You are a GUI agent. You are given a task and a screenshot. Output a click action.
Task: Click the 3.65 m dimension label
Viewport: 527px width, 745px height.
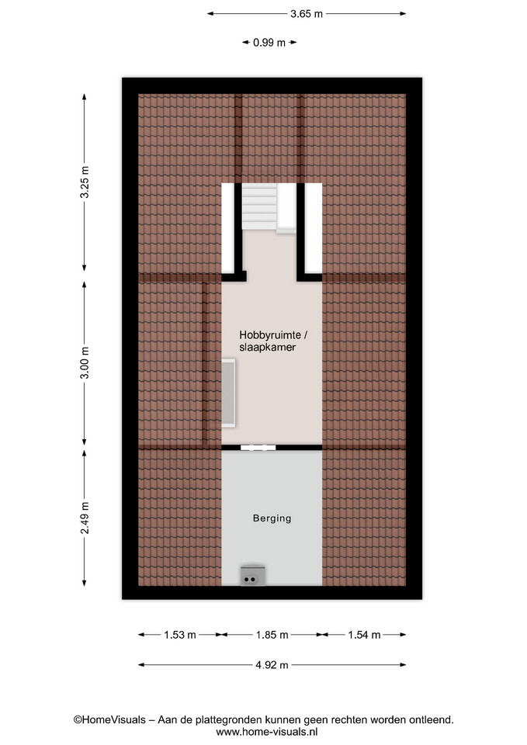(x=307, y=14)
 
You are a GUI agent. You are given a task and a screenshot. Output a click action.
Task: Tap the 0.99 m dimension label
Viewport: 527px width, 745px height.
(x=269, y=43)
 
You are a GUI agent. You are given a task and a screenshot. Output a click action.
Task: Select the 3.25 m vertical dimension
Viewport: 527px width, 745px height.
(x=85, y=182)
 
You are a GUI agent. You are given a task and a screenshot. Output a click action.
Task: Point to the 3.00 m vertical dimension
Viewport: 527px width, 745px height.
(x=85, y=363)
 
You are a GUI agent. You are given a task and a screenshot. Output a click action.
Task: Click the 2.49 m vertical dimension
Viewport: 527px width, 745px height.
(x=85, y=518)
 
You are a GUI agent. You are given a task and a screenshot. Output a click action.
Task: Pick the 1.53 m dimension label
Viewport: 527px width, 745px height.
(x=180, y=635)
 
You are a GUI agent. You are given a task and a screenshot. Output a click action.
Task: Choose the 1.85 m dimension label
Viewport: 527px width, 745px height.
(x=272, y=635)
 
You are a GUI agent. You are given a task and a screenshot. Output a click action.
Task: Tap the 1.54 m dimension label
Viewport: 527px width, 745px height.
(x=364, y=635)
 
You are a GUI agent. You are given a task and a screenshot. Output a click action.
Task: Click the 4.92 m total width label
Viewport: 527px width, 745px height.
(x=272, y=665)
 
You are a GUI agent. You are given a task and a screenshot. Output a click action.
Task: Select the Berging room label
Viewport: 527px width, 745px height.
(x=272, y=518)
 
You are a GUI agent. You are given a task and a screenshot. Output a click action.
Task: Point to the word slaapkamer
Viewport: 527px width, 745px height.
(x=267, y=348)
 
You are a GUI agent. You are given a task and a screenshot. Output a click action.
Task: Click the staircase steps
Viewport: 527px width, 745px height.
(x=259, y=206)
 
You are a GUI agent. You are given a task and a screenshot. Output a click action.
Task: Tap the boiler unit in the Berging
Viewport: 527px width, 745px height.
(x=253, y=576)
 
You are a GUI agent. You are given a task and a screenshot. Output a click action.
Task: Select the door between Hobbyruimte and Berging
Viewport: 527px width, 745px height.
(x=258, y=448)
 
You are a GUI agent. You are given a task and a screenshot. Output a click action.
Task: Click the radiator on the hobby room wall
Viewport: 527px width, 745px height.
(x=229, y=393)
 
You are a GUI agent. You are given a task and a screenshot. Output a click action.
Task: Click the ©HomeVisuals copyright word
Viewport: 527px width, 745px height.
(x=109, y=720)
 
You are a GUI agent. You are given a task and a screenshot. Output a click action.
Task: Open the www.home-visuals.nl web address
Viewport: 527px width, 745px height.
(x=266, y=732)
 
